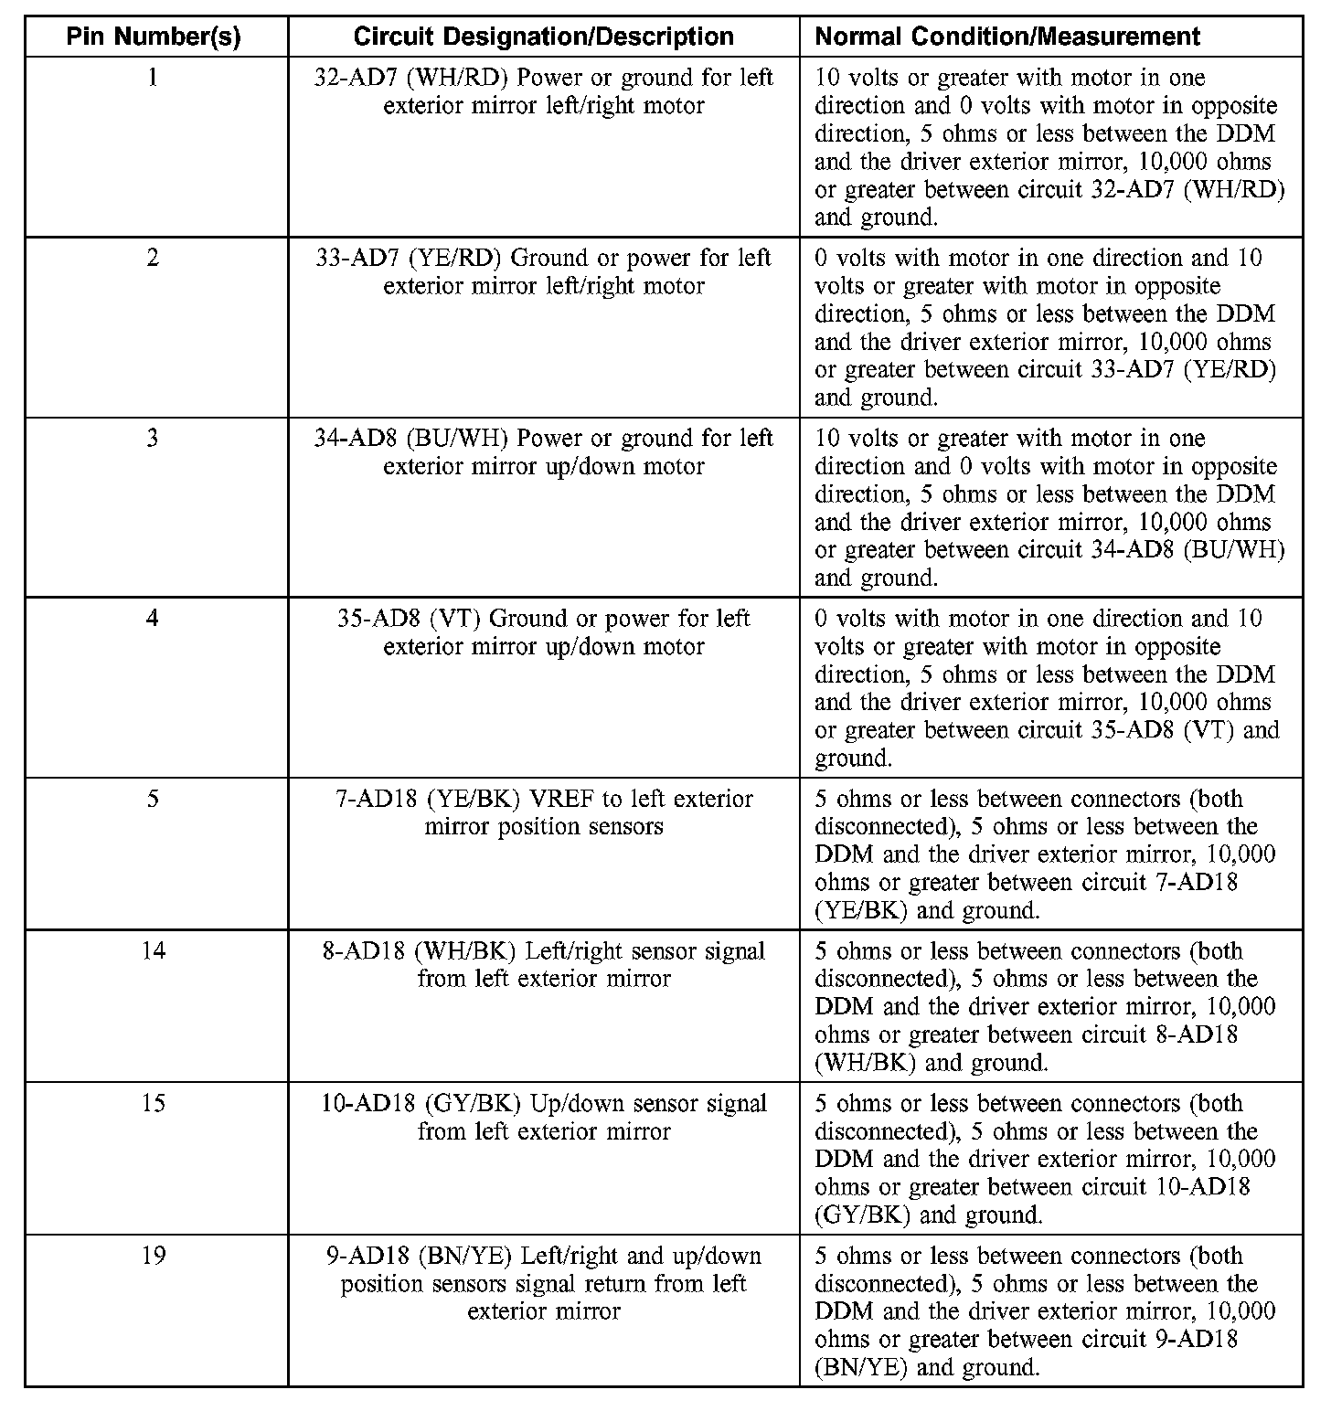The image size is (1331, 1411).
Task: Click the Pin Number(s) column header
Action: tap(154, 37)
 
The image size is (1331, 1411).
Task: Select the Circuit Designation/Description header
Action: tap(543, 37)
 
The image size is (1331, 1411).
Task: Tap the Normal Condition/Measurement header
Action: tap(1006, 37)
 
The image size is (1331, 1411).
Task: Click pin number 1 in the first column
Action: tap(153, 78)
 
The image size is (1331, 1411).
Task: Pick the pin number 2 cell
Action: tap(153, 258)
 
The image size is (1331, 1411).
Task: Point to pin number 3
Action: tap(153, 438)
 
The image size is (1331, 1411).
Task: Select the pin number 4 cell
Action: tap(153, 618)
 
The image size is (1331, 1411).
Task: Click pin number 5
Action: tap(153, 799)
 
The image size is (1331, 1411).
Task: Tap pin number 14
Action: tap(154, 950)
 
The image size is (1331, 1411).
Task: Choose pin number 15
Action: tap(154, 1103)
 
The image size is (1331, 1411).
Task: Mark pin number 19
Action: tap(154, 1256)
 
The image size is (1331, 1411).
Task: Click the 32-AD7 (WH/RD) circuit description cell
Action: tap(543, 91)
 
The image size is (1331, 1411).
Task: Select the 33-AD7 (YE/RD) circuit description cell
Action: tap(543, 271)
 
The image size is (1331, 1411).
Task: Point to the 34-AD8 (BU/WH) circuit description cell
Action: tap(543, 451)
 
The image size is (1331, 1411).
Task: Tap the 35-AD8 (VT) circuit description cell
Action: tap(543, 631)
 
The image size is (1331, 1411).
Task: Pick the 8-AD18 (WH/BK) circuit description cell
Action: tap(543, 964)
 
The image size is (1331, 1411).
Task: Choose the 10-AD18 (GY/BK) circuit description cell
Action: tap(543, 1117)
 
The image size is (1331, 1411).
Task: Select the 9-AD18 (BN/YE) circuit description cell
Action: tap(543, 1283)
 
